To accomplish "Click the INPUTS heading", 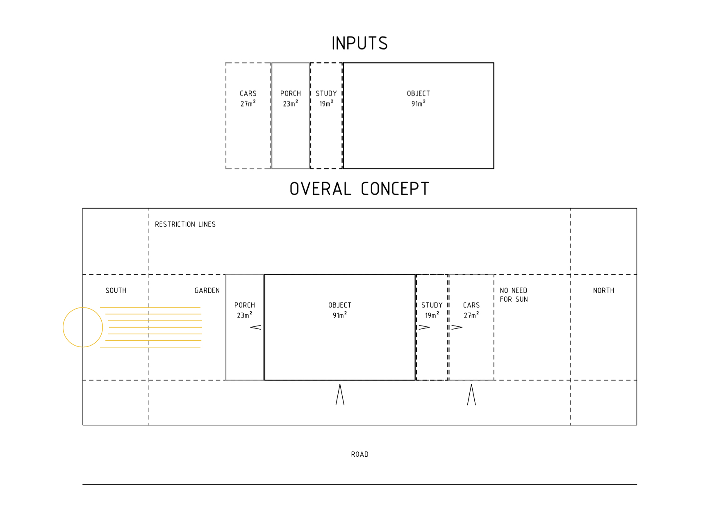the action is [x=359, y=43].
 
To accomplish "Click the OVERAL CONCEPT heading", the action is [x=359, y=189].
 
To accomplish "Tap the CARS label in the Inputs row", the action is [x=248, y=93].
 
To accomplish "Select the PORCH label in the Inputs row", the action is [x=291, y=93].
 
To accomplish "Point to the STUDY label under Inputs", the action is [x=326, y=93].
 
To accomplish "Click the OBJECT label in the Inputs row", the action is [x=419, y=93].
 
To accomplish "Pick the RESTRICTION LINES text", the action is [x=185, y=224].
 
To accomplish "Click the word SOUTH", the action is [x=116, y=290].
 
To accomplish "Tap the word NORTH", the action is [x=604, y=290].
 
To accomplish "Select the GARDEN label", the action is [x=207, y=290].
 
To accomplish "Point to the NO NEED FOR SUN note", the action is [x=514, y=295].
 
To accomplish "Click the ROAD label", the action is [x=360, y=454].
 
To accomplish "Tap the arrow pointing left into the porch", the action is [x=255, y=327].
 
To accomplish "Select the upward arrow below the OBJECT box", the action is [x=340, y=394].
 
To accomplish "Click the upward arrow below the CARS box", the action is [x=471, y=394].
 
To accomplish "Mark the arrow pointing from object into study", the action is [x=424, y=327].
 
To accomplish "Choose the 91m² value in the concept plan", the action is [x=340, y=315].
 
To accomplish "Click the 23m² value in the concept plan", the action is [x=245, y=315].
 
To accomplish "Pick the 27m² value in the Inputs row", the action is [x=248, y=103].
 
